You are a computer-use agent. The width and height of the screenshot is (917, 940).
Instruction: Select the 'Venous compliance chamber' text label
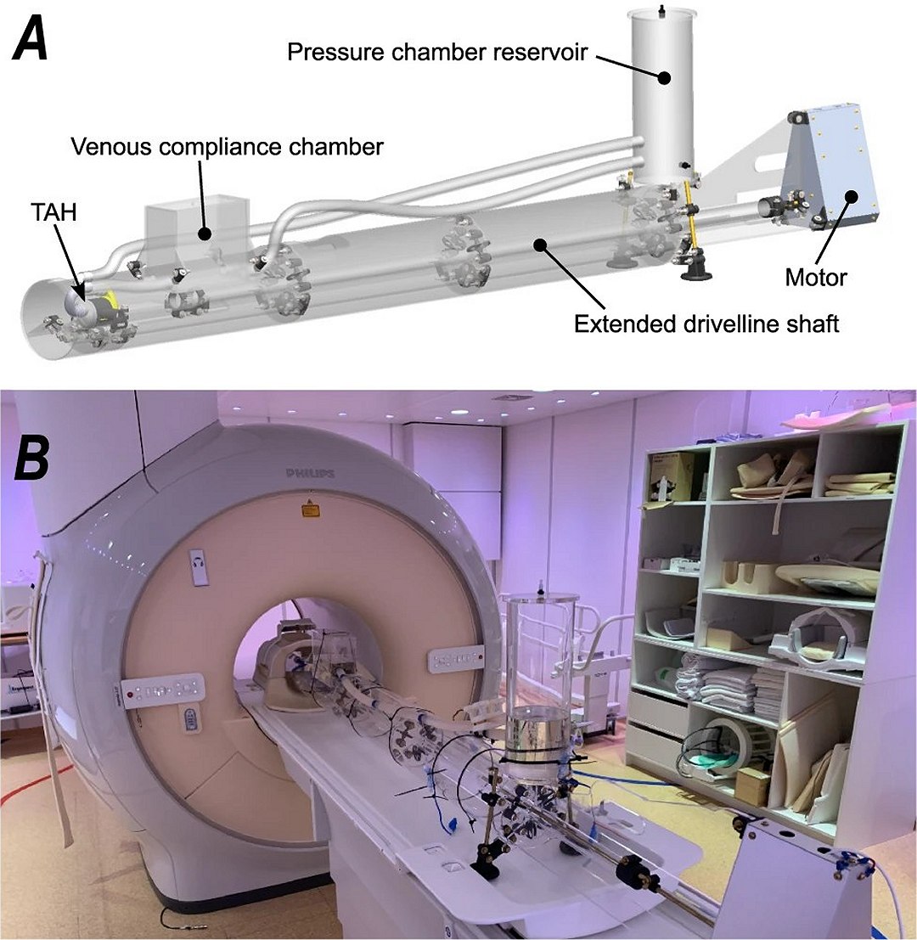point(228,146)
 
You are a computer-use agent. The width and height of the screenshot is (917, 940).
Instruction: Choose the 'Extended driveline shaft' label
point(706,324)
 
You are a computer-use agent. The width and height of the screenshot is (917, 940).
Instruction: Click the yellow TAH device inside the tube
point(103,301)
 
